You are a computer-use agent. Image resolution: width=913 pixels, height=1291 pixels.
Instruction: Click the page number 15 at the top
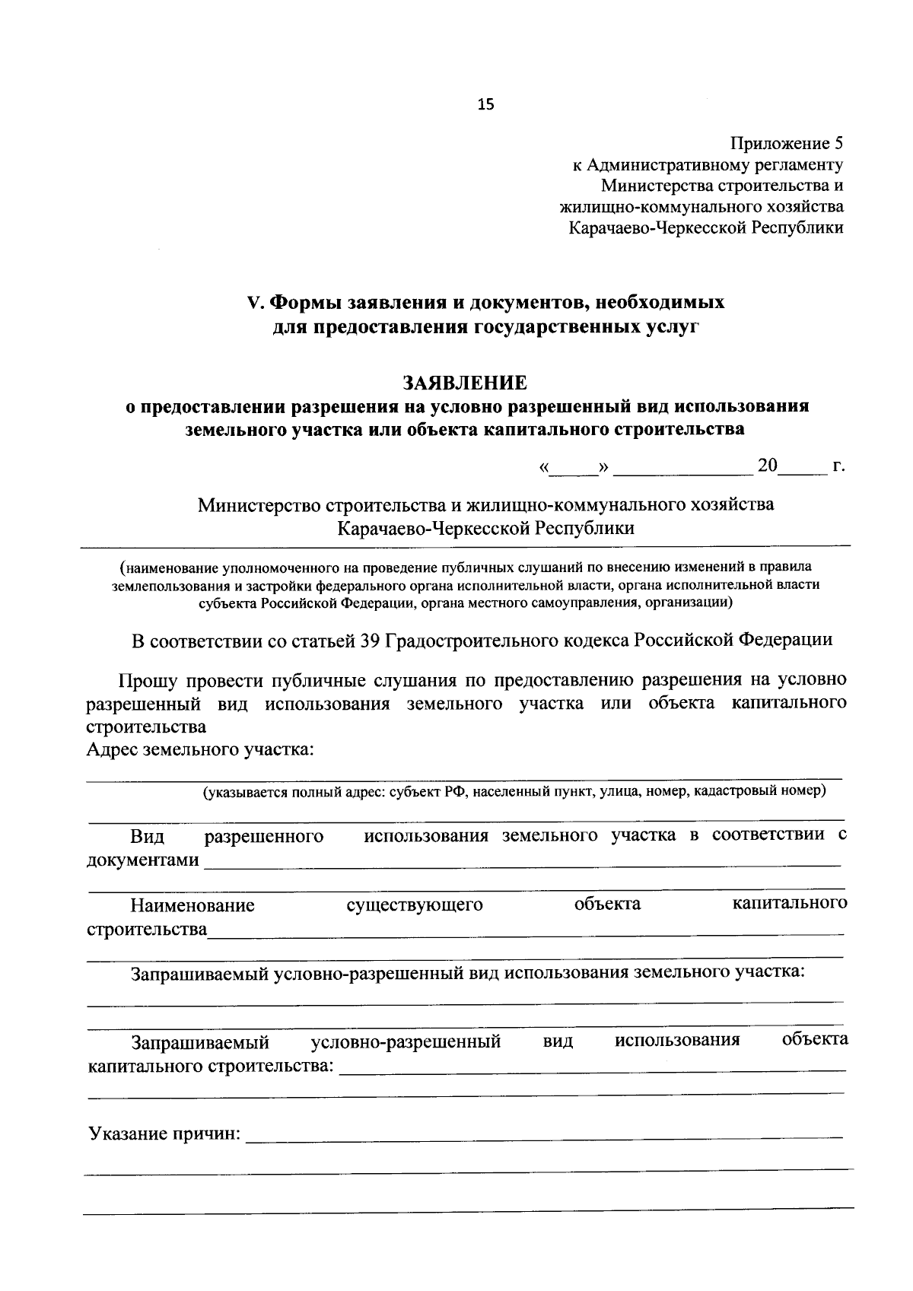(485, 106)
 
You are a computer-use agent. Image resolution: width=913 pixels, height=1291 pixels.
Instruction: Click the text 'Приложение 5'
(787, 143)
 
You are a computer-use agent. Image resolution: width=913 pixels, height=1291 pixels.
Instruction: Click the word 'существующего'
(415, 905)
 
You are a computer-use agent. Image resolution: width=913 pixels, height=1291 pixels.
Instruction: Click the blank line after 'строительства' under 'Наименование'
(525, 931)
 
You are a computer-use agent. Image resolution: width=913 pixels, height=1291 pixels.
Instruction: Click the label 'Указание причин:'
(164, 1135)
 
